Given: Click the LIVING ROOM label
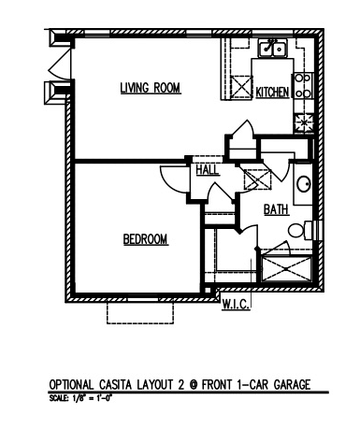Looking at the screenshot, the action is click(151, 88).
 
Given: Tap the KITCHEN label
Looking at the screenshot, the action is click(272, 93).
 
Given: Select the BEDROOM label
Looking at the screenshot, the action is click(146, 239).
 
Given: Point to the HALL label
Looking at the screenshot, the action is click(208, 170).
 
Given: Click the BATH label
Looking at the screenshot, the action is click(276, 209).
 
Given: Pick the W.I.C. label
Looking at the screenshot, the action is click(236, 304).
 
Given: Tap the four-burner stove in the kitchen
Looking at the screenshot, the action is click(302, 86).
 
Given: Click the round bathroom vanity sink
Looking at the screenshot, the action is click(304, 184).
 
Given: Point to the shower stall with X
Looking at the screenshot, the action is click(286, 269).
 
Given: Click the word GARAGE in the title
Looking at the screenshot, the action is click(292, 384).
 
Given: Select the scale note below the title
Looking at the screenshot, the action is click(80, 398).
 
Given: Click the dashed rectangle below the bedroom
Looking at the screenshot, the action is click(140, 312).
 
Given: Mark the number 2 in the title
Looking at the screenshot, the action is click(180, 384).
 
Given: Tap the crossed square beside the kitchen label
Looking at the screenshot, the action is click(241, 86).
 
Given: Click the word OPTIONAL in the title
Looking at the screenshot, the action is click(71, 384).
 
